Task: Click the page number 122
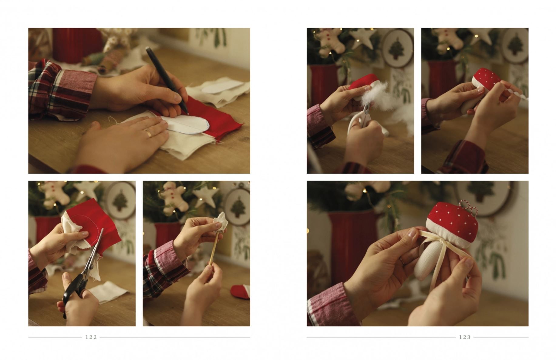[x=91, y=337]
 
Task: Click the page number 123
[x=464, y=337]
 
